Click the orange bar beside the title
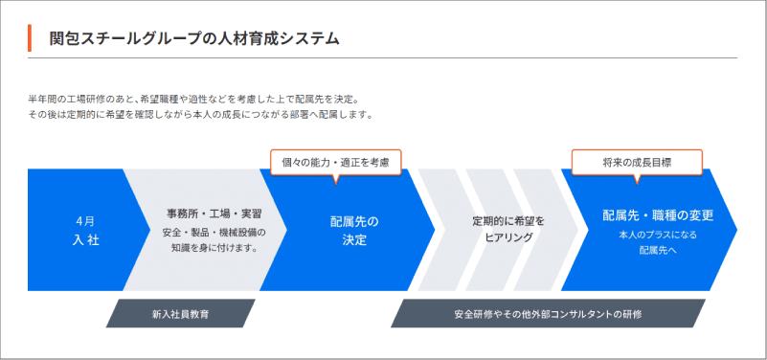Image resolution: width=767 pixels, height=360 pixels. [30, 37]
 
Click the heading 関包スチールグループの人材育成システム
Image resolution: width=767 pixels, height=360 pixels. [194, 38]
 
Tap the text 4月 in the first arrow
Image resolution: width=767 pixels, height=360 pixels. [85, 221]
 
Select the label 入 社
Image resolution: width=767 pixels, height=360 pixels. [85, 240]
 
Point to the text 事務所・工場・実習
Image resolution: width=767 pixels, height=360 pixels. [214, 214]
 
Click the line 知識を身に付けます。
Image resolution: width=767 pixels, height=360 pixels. [214, 248]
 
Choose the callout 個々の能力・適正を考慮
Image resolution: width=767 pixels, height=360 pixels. [335, 163]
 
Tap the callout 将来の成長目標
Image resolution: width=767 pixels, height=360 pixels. [637, 163]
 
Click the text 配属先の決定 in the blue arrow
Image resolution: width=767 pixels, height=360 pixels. [354, 231]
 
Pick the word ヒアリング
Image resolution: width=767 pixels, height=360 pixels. [508, 237]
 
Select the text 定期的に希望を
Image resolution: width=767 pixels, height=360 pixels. [508, 221]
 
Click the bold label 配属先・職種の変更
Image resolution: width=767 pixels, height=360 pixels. [658, 215]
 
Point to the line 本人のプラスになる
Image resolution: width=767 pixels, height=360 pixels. [658, 235]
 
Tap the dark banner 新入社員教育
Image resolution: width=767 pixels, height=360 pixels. [181, 313]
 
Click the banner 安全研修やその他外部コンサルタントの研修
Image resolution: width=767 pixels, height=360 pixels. [548, 313]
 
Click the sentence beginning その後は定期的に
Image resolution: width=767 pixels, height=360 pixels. [200, 116]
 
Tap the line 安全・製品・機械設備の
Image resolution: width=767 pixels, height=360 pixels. [214, 232]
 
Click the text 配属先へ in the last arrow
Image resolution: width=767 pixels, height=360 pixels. [658, 251]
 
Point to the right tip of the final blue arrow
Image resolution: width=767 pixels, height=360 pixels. [736, 230]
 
